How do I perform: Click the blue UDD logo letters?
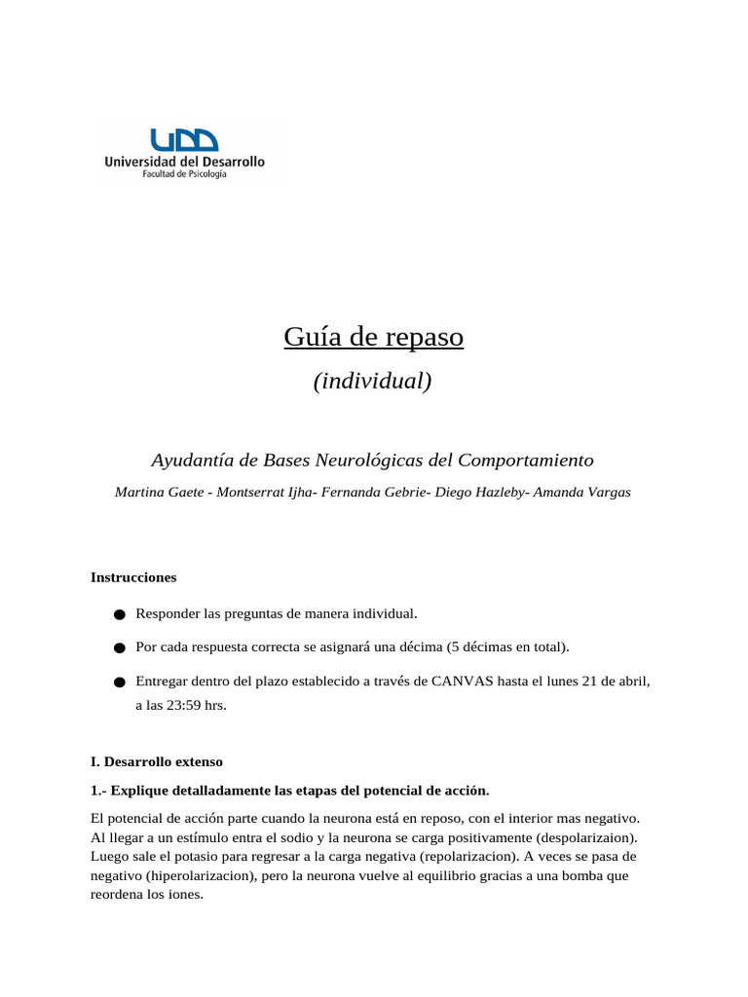[x=184, y=139]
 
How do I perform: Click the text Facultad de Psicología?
[x=184, y=174]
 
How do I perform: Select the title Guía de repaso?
[x=373, y=337]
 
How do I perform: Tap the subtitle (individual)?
[x=372, y=381]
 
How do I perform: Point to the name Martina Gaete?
[x=158, y=493]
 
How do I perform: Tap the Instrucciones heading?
[x=133, y=577]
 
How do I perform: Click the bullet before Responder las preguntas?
[x=119, y=614]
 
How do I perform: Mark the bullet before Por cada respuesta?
[x=119, y=648]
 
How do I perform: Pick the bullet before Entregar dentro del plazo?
[x=119, y=683]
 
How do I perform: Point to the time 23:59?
[x=185, y=705]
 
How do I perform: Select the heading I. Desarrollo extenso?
[x=157, y=761]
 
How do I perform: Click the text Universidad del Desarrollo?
[x=184, y=162]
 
